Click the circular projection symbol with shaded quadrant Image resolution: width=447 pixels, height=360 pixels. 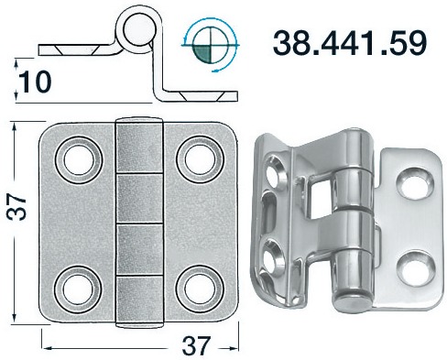(x=212, y=44)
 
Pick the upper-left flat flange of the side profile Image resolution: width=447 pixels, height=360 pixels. (x=78, y=47)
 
